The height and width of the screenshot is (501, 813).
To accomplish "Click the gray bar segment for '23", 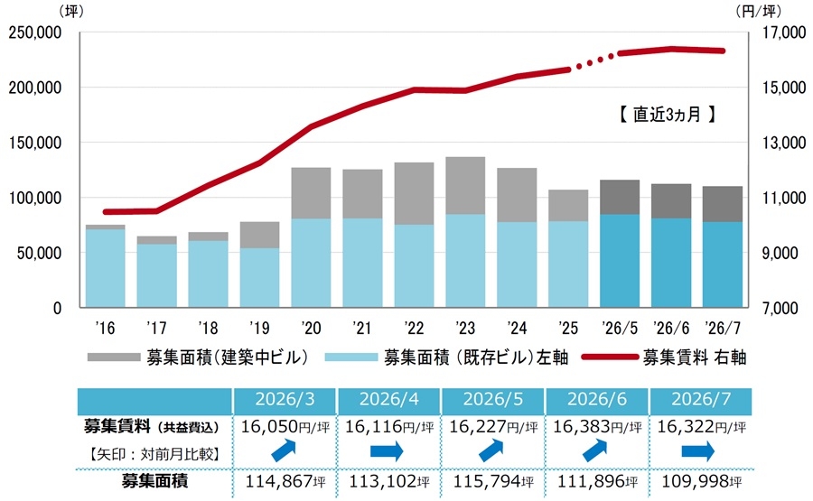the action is coord(465,185).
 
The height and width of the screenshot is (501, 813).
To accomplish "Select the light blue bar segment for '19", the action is coord(260,277).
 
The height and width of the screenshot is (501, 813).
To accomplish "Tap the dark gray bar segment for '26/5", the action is coord(620,198).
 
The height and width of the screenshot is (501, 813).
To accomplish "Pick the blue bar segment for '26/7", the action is coord(723,264).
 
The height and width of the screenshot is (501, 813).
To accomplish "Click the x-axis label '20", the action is coord(311,328).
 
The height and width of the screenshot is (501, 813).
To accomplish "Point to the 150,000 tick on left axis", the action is coord(35,143).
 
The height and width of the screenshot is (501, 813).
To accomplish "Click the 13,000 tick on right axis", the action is coord(784,143).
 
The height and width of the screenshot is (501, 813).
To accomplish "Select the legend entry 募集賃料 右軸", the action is coord(664,357).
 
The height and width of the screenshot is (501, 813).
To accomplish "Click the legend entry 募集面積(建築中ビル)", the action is coord(198,357).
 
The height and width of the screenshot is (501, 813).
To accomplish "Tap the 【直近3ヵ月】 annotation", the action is coord(667,114).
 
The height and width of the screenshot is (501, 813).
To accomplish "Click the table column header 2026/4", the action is coord(388,400).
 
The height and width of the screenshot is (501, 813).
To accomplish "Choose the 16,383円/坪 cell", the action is coord(597,427).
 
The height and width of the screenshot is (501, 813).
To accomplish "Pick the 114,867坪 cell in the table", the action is coord(285,481).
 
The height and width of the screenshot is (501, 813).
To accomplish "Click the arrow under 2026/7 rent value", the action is coord(698,451).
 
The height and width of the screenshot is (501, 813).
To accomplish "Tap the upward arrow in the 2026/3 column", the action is coord(284,450).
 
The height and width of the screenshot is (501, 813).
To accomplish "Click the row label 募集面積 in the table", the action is coord(154,481).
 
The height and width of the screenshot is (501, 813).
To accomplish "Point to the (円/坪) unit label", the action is coord(758,11).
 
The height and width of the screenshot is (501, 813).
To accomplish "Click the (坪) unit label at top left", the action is coord(71,11).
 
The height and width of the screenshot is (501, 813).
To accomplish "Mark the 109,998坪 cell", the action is coord(702,481).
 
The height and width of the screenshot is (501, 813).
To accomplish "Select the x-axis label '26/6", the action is coord(671,328).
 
